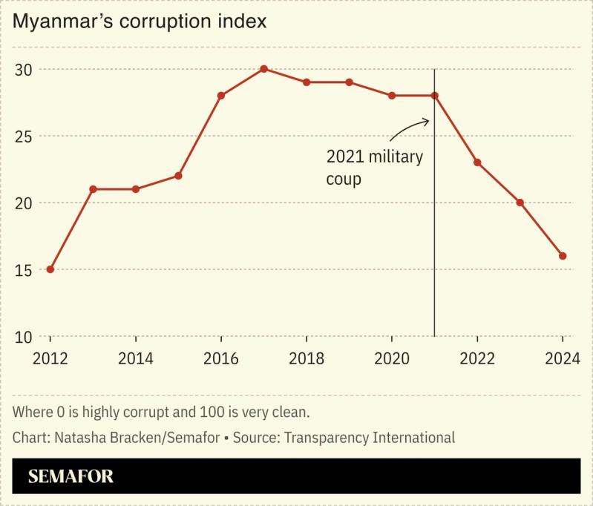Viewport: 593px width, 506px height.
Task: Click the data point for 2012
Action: pyautogui.click(x=50, y=269)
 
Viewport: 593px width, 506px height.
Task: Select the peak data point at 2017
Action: pyautogui.click(x=263, y=69)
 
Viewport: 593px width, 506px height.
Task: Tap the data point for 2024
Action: pyautogui.click(x=563, y=256)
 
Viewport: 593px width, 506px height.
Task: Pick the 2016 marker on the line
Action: pyautogui.click(x=221, y=96)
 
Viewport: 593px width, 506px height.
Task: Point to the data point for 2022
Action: pyautogui.click(x=477, y=162)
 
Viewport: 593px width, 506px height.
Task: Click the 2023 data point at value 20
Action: pyautogui.click(x=520, y=203)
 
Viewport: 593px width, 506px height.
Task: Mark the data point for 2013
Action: pyautogui.click(x=93, y=189)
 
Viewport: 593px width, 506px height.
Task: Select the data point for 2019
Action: pyautogui.click(x=349, y=82)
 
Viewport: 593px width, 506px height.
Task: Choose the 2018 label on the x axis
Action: pyautogui.click(x=307, y=359)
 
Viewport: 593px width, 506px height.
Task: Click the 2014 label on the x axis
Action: pyautogui.click(x=136, y=359)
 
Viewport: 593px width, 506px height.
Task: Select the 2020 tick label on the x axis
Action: pyautogui.click(x=392, y=359)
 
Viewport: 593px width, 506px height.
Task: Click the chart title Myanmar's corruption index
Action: pyautogui.click(x=140, y=22)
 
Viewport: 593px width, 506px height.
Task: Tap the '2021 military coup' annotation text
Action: pyautogui.click(x=374, y=168)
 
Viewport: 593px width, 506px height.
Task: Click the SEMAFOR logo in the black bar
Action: pyautogui.click(x=71, y=476)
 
